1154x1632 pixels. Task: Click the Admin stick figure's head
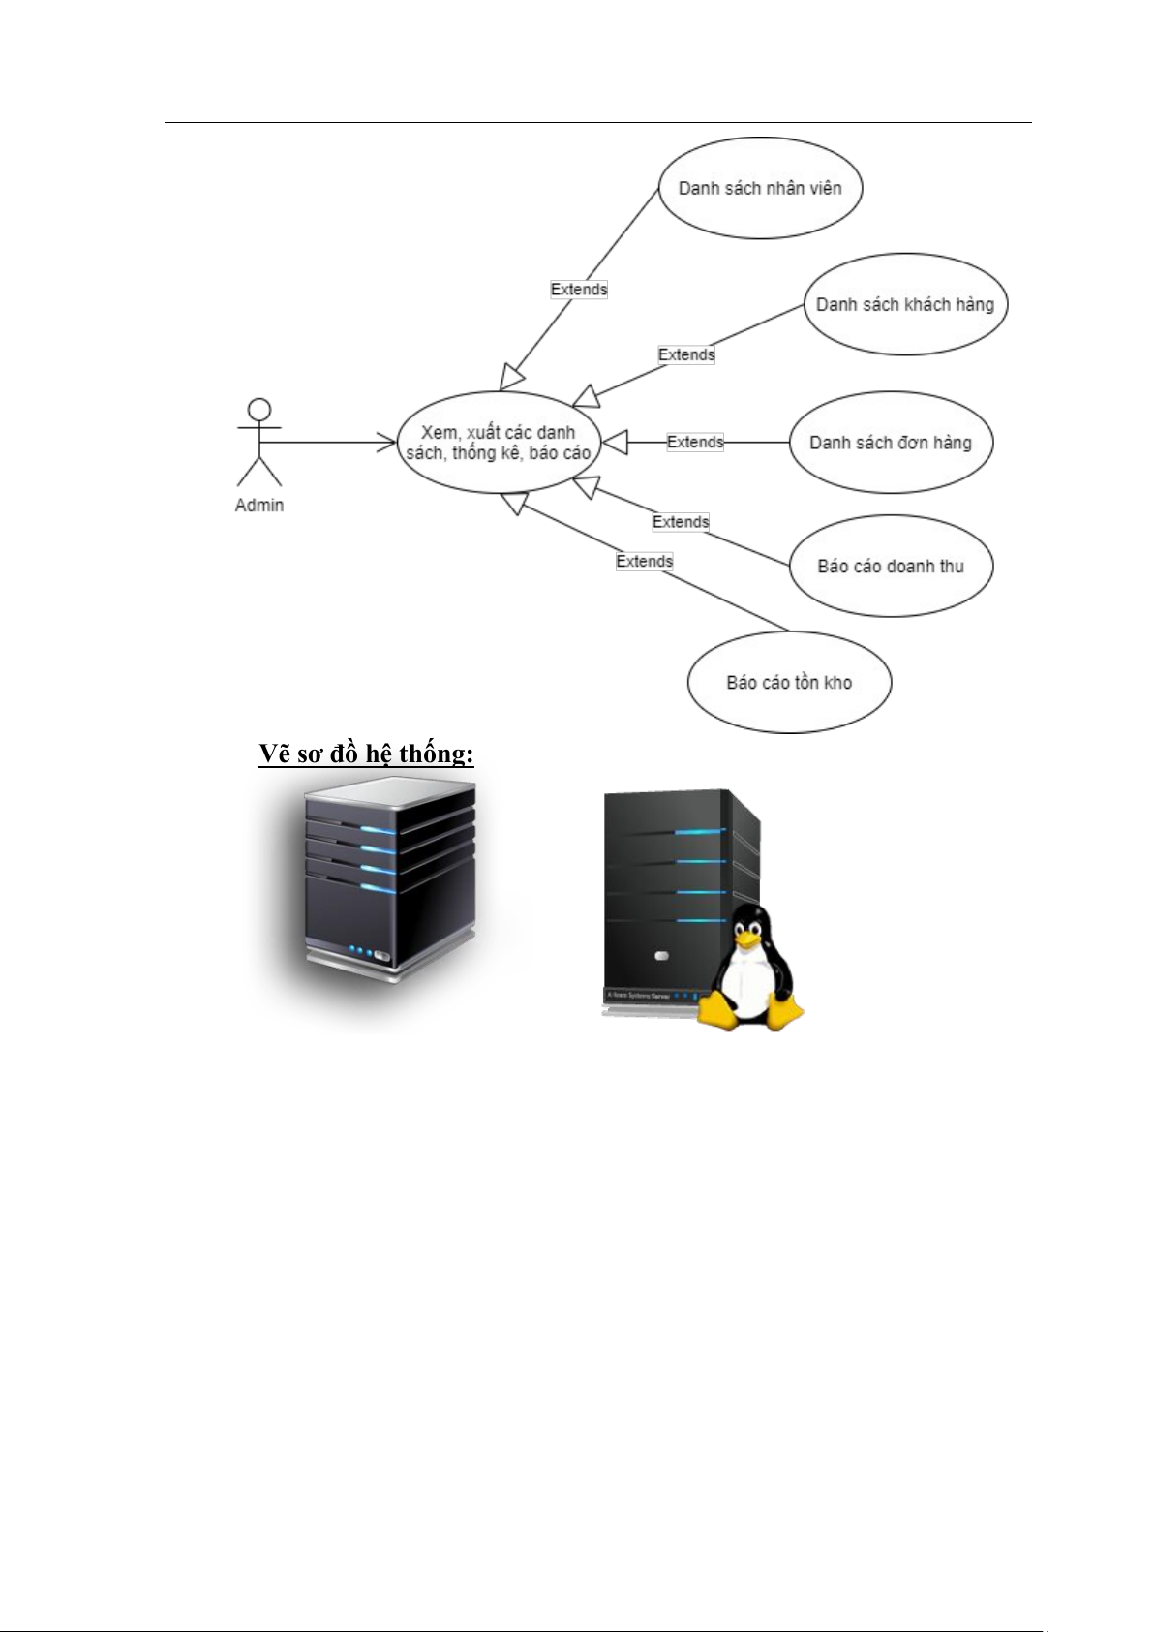[259, 410]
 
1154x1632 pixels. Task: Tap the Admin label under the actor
[259, 506]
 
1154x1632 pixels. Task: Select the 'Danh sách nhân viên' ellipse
[760, 188]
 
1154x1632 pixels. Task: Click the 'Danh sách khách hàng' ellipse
[905, 304]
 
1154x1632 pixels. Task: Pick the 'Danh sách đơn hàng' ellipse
[891, 443]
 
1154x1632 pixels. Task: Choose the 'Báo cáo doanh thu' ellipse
[891, 566]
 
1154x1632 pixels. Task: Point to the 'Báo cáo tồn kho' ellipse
[789, 682]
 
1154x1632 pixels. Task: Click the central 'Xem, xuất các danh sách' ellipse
[499, 443]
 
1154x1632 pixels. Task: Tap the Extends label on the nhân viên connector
[579, 289]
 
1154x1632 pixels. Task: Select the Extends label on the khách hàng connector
[686, 354]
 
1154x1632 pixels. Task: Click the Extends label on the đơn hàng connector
[695, 442]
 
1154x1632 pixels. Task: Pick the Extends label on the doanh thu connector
[681, 522]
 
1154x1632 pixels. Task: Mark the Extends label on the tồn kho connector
[645, 561]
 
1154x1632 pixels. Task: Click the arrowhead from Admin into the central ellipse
[386, 443]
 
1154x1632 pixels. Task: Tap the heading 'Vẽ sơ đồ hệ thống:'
[366, 754]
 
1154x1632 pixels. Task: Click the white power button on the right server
[661, 956]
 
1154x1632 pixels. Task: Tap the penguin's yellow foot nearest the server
[718, 1012]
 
